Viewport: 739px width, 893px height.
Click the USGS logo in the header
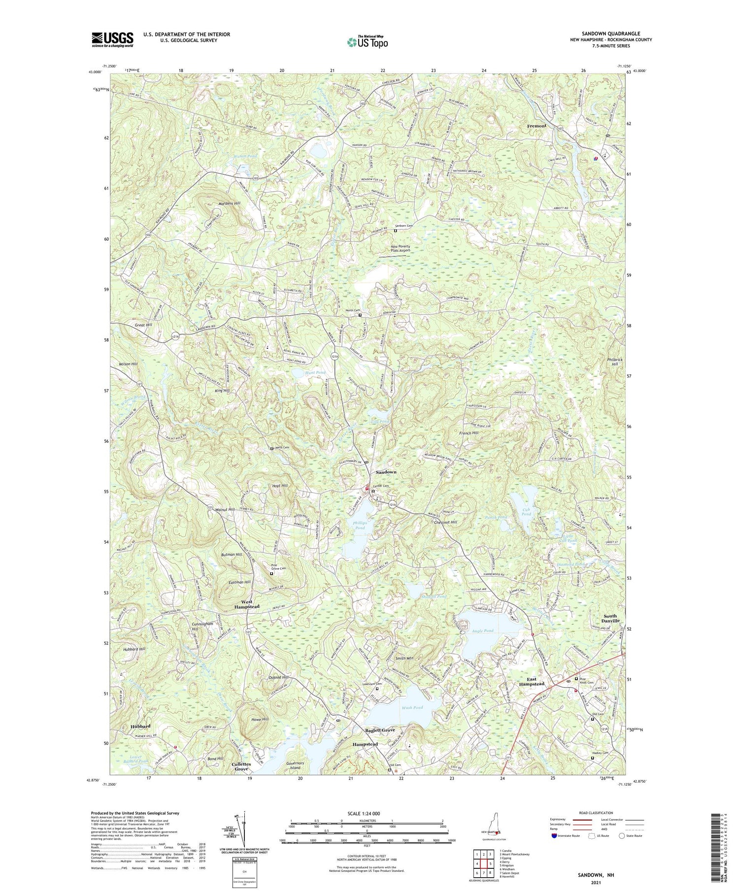tap(112, 39)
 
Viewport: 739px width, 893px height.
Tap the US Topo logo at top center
tap(367, 42)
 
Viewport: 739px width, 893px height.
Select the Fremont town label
tap(537, 126)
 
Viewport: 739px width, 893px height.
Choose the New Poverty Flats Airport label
tap(400, 248)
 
